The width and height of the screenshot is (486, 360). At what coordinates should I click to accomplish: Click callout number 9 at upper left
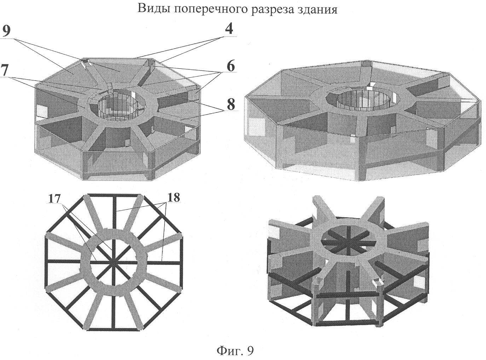click(6, 31)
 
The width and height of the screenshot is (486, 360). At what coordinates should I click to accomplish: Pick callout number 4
click(229, 29)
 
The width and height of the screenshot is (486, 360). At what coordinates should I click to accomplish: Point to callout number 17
click(54, 199)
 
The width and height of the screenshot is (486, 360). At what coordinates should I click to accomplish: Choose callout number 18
click(174, 197)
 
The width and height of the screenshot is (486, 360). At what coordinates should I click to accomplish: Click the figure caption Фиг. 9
click(235, 351)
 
